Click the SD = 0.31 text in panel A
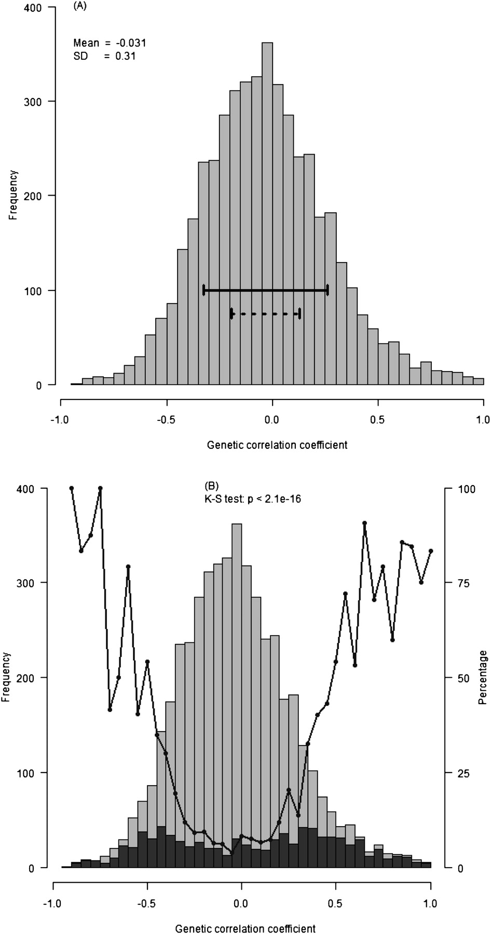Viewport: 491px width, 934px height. click(x=104, y=56)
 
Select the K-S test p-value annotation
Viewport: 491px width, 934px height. click(x=253, y=499)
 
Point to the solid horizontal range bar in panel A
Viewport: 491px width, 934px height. click(x=265, y=290)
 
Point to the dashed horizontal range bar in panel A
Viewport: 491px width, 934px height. click(x=266, y=313)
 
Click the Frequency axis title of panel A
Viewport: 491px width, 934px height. click(x=13, y=196)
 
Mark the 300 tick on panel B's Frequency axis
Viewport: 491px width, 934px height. click(x=35, y=583)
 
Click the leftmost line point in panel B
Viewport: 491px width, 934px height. click(x=72, y=488)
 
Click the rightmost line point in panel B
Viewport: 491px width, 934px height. click(x=431, y=551)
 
